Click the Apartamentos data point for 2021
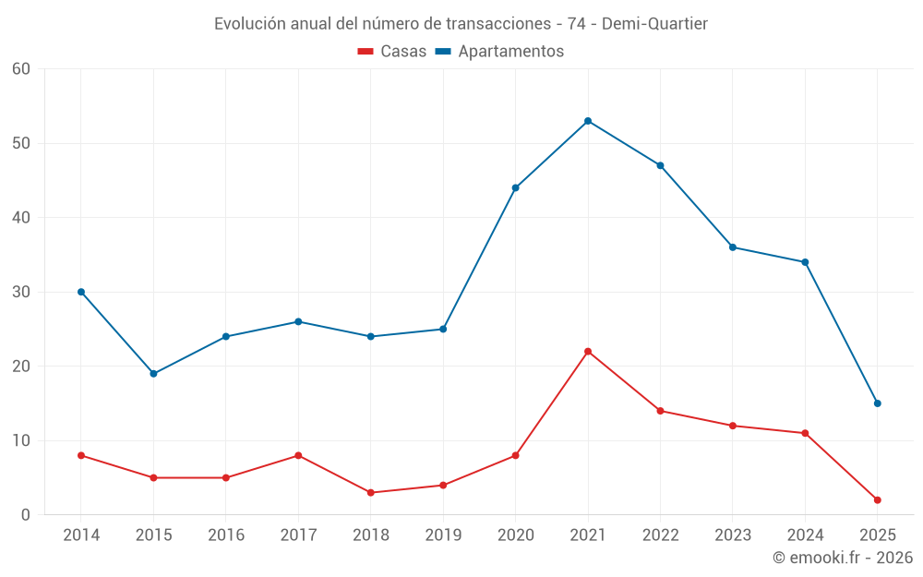tap(588, 121)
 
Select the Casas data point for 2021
tap(588, 352)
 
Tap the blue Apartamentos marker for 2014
tap(81, 292)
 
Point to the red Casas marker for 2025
tap(878, 500)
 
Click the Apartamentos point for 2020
tap(515, 188)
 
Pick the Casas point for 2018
tap(371, 493)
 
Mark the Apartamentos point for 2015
tap(153, 374)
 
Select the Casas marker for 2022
tap(660, 411)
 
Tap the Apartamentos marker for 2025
tap(878, 403)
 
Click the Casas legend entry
tap(392, 52)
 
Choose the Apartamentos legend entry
tap(499, 52)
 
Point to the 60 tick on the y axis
tap(21, 69)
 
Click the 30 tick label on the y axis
tap(21, 292)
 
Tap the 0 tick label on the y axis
tap(26, 515)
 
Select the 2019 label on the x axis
tap(443, 535)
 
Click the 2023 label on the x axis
tap(733, 535)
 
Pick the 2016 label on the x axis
tap(226, 535)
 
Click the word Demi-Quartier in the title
tap(654, 24)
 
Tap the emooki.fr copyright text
tap(843, 558)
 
